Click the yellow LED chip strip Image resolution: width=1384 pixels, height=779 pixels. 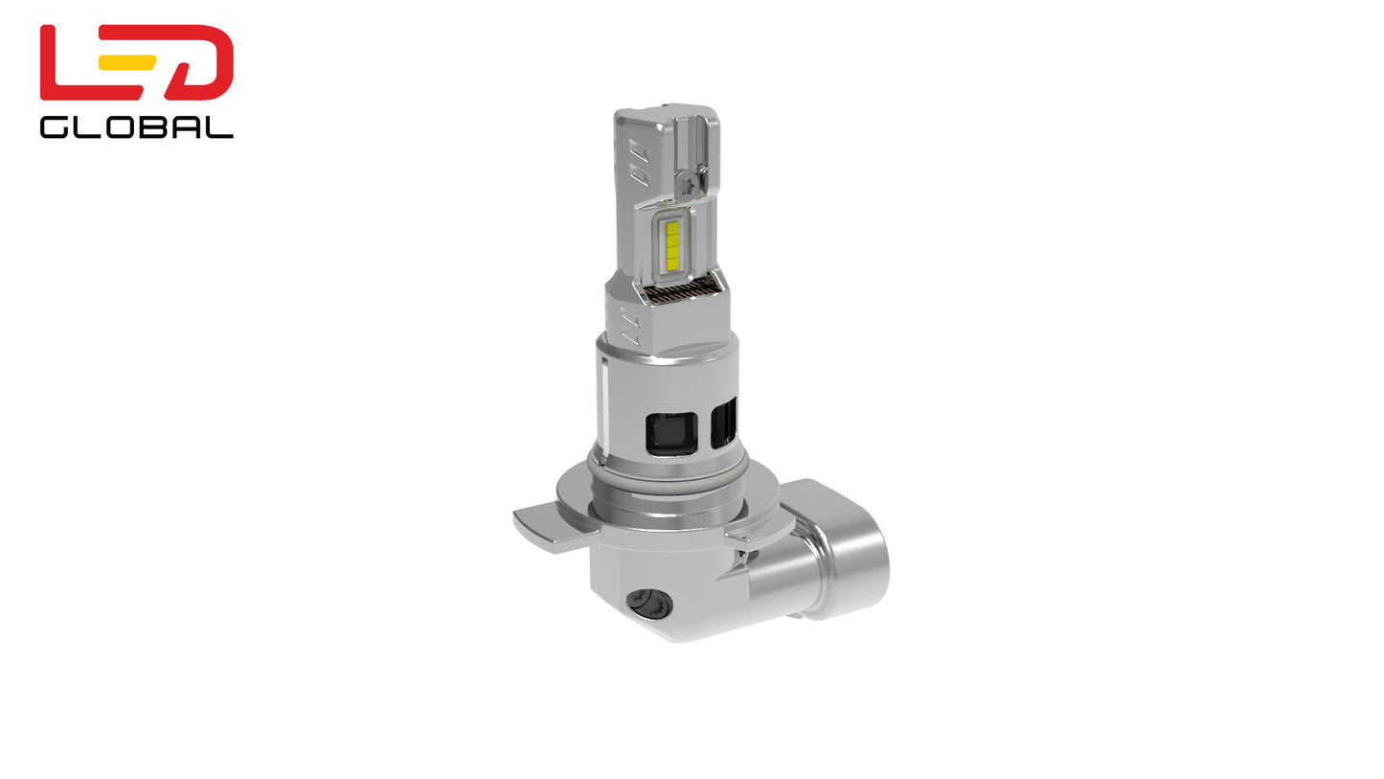tap(672, 243)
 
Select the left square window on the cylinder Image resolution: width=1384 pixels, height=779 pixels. tap(670, 433)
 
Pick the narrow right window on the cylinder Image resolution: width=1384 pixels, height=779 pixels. tap(724, 423)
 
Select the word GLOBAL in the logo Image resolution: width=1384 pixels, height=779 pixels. tap(136, 127)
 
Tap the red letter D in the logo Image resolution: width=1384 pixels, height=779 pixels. tap(201, 63)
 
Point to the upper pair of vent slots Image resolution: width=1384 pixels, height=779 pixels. tap(639, 163)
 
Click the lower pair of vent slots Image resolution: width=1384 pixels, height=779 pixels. tap(629, 326)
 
